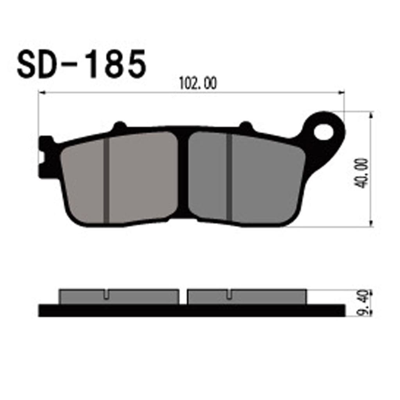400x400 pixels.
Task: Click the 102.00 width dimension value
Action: coord(198,83)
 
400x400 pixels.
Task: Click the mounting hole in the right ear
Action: coord(323,132)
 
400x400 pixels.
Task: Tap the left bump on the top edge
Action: coord(120,126)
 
